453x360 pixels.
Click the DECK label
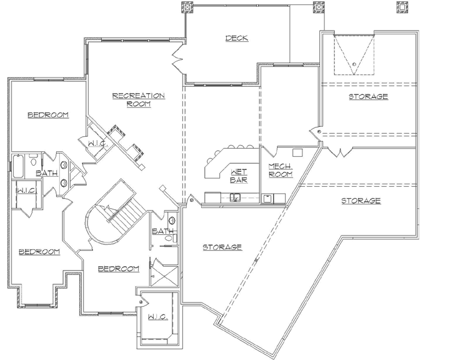[x=237, y=39]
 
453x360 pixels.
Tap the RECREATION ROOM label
[x=138, y=99]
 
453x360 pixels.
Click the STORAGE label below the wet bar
[x=222, y=247]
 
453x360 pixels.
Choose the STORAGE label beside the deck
[x=368, y=96]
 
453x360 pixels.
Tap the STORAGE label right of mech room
[x=361, y=201]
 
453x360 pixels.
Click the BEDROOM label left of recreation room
[x=48, y=115]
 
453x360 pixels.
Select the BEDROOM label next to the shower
[x=119, y=269]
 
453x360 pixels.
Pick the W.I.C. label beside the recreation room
[x=99, y=144]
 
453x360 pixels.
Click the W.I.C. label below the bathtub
[x=25, y=190]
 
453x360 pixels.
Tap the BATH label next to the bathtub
[x=47, y=173]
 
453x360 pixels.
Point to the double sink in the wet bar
[x=236, y=198]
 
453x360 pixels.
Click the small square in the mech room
[x=297, y=152]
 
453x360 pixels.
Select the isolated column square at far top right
[x=401, y=7]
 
